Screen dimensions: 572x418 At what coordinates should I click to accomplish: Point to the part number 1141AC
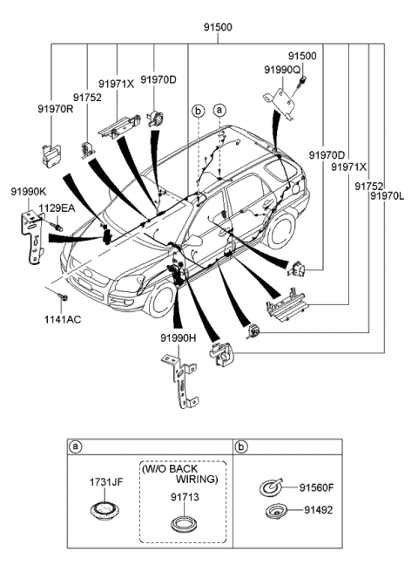(64, 320)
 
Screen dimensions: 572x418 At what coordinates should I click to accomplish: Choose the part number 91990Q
(282, 68)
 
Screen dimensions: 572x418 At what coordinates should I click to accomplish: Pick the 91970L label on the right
(386, 197)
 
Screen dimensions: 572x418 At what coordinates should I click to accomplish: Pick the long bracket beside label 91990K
(32, 233)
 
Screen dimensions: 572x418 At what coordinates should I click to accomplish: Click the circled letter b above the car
(198, 111)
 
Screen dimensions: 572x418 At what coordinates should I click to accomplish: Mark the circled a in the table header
(77, 446)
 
